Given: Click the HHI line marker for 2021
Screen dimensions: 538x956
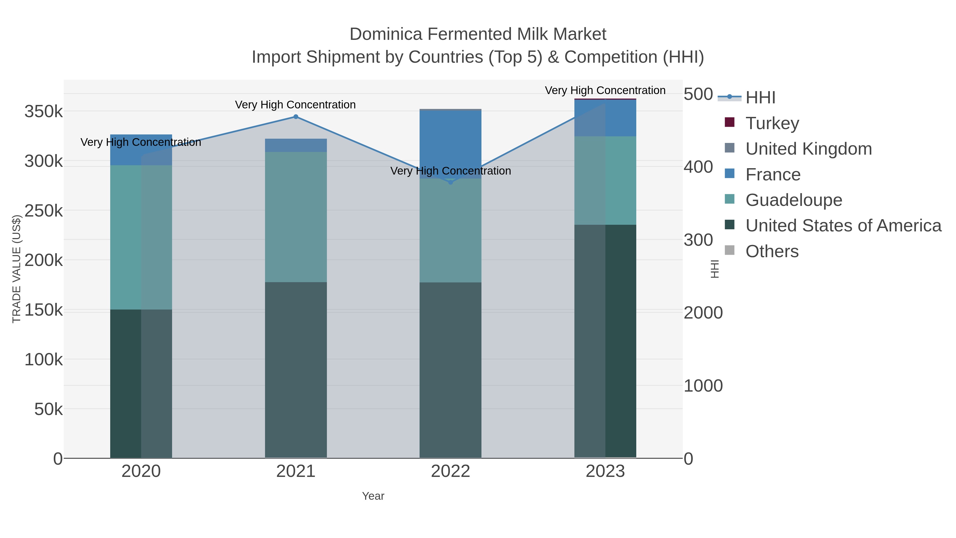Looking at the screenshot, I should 296,117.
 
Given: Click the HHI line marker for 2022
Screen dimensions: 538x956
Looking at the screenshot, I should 451,182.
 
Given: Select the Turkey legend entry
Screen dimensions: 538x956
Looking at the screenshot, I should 772,123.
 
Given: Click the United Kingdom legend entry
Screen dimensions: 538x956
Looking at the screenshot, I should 808,149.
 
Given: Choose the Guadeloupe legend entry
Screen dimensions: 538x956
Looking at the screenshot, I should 793,200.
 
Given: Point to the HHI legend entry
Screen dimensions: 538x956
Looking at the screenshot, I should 760,98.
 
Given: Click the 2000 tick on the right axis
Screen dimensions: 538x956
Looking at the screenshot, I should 703,313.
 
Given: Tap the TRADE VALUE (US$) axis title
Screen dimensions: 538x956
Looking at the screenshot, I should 17,269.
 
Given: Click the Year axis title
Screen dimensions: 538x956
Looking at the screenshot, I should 373,496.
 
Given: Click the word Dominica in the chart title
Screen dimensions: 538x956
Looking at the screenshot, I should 386,34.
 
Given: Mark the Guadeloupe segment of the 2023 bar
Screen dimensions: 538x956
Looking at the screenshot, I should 605,180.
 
